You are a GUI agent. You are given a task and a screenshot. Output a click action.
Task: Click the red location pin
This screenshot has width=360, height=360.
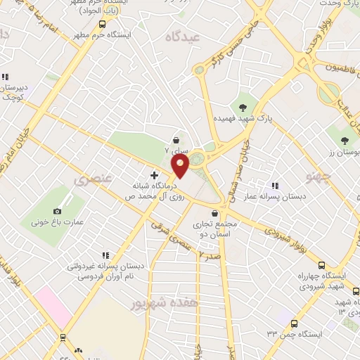tap(181, 166)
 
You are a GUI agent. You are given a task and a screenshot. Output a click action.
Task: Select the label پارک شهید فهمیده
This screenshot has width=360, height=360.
tap(242, 120)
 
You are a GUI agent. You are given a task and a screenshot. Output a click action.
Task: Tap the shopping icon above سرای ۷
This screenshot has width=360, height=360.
tap(175, 141)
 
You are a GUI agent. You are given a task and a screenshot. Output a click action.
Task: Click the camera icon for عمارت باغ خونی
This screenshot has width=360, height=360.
tap(57, 211)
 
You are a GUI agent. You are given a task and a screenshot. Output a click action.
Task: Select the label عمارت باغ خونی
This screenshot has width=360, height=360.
tap(57, 222)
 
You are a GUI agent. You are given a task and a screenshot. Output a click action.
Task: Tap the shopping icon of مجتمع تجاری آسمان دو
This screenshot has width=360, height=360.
tap(214, 213)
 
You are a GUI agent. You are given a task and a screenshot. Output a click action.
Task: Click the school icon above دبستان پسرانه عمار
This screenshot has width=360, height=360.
tap(274, 186)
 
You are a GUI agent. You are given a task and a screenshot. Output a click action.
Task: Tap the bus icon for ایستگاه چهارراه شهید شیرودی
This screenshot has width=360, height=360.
tap(321, 265)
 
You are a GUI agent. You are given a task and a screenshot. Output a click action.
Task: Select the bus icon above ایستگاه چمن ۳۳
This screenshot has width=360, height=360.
tap(294, 324)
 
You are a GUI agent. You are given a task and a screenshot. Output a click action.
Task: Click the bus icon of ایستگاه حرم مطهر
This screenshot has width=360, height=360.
tap(103, 23)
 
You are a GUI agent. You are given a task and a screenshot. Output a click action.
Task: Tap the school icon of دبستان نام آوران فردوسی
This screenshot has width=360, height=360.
tap(105, 255)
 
